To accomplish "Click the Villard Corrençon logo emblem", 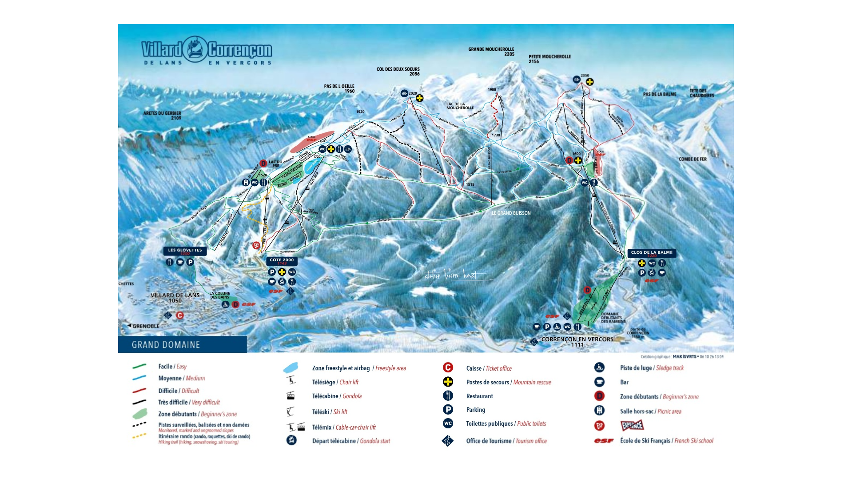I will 195,49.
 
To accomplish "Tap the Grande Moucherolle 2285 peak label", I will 491,52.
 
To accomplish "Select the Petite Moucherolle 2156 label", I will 549,59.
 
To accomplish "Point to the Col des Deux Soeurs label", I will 398,71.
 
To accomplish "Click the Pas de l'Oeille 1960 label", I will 339,88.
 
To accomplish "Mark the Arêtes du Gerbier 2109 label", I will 162,116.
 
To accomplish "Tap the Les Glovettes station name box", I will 185,251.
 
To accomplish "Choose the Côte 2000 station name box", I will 282,260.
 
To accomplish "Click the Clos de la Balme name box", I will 652,253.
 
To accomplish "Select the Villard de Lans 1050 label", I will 175,298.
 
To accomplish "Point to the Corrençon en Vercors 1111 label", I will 577,341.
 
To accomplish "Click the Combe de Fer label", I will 692,159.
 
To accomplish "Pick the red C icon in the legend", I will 448,367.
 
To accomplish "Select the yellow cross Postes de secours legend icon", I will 448,382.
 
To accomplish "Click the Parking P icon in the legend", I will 448,410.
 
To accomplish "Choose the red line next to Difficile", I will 139,391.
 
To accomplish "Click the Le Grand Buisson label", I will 511,213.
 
